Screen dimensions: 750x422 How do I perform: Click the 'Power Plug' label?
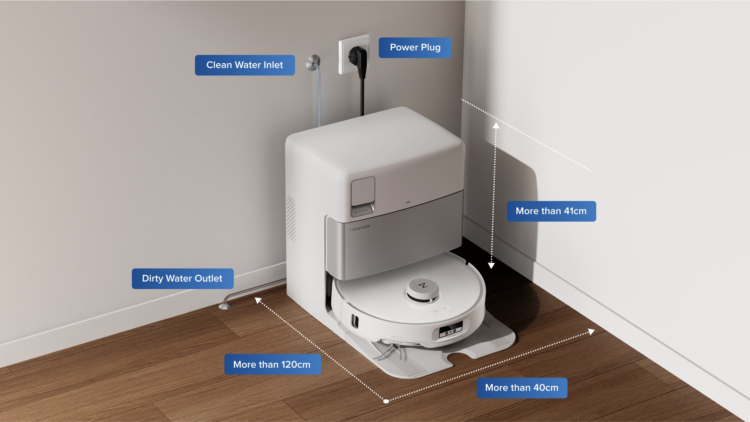click(x=415, y=47)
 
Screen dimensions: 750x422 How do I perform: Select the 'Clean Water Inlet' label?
click(x=245, y=65)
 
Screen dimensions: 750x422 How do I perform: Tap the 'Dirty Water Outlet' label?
click(x=182, y=278)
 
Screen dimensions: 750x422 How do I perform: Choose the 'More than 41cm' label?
click(x=551, y=211)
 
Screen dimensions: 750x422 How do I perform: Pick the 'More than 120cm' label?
click(x=272, y=364)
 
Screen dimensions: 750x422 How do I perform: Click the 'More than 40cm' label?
click(x=522, y=388)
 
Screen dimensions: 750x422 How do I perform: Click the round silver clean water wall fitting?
click(x=313, y=62)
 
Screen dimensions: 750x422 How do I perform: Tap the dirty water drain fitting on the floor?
click(x=225, y=306)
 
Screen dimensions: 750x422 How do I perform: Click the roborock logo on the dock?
click(x=360, y=228)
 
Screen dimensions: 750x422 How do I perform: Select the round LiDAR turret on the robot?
click(x=423, y=290)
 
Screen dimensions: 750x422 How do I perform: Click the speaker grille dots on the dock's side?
click(x=291, y=218)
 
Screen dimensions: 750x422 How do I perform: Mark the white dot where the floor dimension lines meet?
click(x=386, y=401)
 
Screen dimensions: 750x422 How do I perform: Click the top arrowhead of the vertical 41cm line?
click(x=496, y=125)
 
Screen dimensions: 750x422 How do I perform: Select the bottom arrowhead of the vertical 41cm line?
click(x=491, y=266)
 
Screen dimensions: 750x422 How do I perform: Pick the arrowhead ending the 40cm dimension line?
click(x=591, y=331)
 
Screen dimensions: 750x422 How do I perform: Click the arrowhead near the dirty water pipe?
click(x=258, y=300)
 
